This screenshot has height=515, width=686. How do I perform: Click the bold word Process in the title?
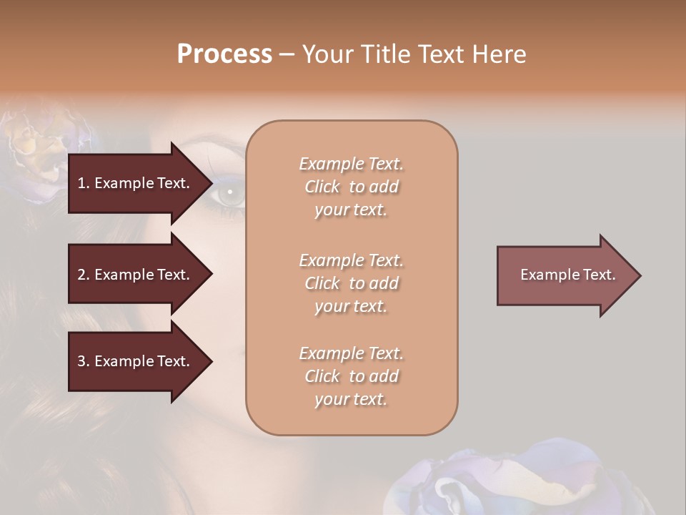coord(224,54)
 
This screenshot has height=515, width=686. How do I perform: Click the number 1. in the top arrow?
coord(84,183)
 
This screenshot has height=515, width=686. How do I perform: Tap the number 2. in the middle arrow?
coord(84,275)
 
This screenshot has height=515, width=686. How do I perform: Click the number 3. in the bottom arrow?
coord(84,361)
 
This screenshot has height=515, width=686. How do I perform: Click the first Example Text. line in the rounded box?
coord(351,164)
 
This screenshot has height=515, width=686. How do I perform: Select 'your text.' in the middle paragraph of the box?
coord(351,306)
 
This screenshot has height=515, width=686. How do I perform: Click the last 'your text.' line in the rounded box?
coord(351,399)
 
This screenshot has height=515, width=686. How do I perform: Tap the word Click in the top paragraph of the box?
coord(322,187)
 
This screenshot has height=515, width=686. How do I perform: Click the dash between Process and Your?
coord(287,55)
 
